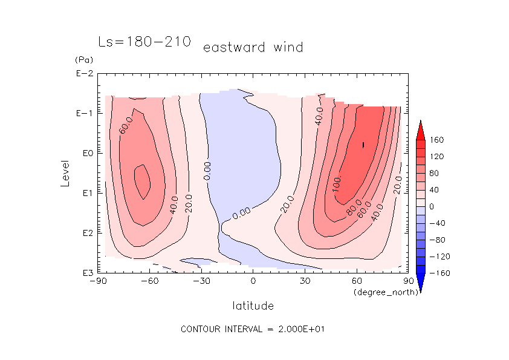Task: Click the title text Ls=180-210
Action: pos(144,42)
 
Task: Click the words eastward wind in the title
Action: pos(253,47)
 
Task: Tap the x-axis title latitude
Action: pos(253,306)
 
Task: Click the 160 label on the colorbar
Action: pos(437,140)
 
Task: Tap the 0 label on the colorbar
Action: pos(432,207)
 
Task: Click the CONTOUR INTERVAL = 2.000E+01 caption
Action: pos(254,329)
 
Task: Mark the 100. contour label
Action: pos(337,183)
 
